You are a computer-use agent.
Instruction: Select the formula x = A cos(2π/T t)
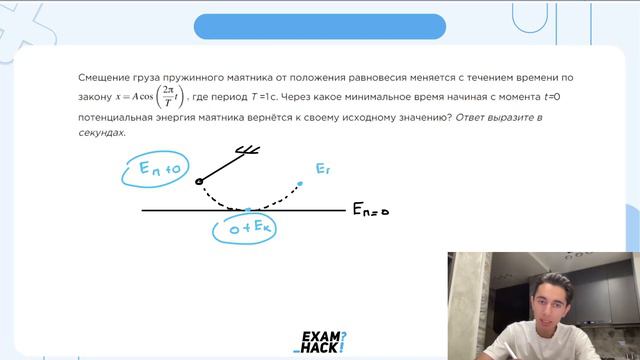(x=150, y=97)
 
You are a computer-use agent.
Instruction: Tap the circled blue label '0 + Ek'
(x=245, y=228)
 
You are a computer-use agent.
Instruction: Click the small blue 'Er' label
(x=322, y=170)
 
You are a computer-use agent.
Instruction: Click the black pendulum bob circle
(x=199, y=181)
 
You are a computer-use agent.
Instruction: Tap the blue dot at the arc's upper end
(x=298, y=183)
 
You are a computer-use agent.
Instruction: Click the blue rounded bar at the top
(x=319, y=26)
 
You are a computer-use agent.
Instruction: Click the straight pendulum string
(x=220, y=166)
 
